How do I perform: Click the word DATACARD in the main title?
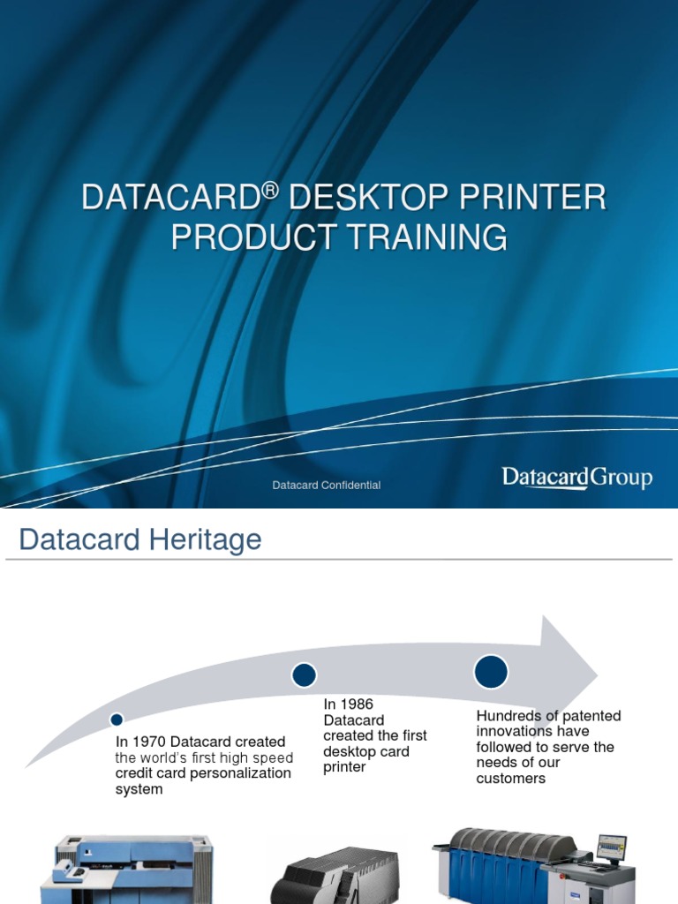[x=169, y=199]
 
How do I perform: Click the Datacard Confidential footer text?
[x=327, y=486]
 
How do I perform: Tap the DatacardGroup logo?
[x=576, y=478]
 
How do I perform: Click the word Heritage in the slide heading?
[x=207, y=539]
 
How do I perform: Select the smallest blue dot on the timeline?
[x=117, y=719]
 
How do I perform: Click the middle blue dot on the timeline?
[x=304, y=675]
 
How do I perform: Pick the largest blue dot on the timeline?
[x=491, y=671]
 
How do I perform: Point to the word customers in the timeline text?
[x=511, y=779]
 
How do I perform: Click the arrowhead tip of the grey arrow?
[x=598, y=673]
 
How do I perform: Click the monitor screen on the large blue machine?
[x=611, y=848]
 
